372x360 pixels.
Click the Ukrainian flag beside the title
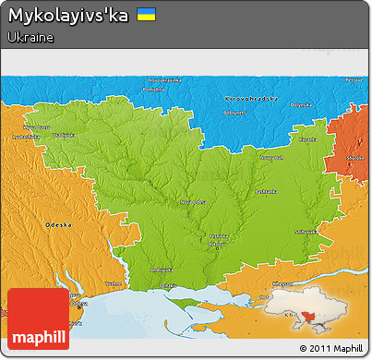[146, 15]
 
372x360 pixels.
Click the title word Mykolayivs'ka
[69, 16]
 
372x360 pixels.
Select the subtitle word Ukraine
[30, 37]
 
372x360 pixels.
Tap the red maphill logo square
[38, 319]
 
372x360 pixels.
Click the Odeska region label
[58, 224]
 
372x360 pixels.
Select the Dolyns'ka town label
[302, 104]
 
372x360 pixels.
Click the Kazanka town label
[308, 138]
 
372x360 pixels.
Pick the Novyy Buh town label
[271, 158]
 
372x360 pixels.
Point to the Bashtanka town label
[266, 191]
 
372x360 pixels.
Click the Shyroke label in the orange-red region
[354, 158]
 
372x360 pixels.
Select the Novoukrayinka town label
[154, 82]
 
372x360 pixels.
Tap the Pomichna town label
[154, 90]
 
